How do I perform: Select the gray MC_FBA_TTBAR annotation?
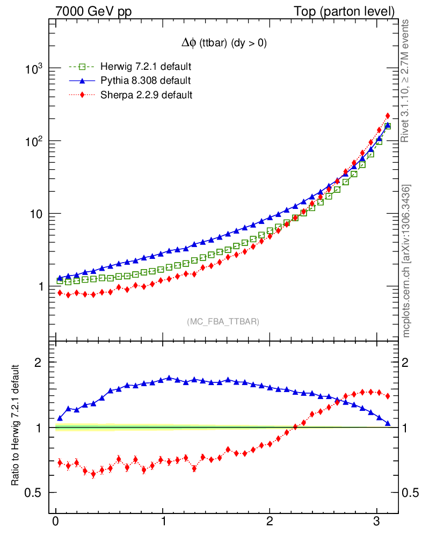pyautogui.click(x=223, y=322)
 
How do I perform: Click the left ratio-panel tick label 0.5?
pyautogui.click(x=36, y=493)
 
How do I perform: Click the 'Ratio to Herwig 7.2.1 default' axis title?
pyautogui.click(x=16, y=425)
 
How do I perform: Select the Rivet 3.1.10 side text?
pyautogui.click(x=406, y=81)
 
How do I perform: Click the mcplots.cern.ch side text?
pyautogui.click(x=406, y=260)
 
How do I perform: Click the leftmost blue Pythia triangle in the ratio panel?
pyautogui.click(x=60, y=418)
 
